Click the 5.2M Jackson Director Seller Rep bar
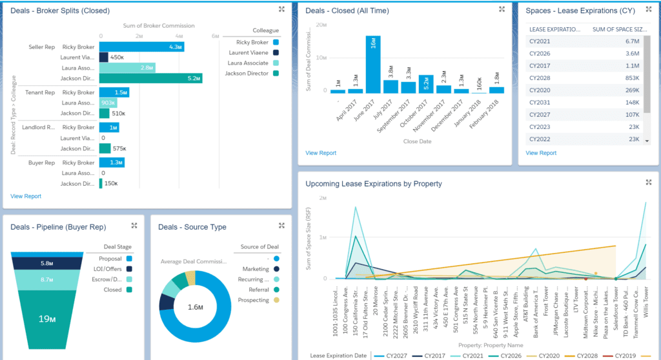pos(150,78)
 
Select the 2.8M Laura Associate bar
pos(127,67)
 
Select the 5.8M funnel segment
pos(46,263)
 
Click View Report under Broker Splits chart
pos(26,196)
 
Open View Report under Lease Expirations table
pos(541,153)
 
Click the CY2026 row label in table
pos(540,54)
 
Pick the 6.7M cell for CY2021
pos(632,41)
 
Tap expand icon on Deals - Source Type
pos(281,226)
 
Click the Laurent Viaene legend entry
pos(249,53)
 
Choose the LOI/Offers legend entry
pos(109,268)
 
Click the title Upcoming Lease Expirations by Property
pos(374,184)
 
